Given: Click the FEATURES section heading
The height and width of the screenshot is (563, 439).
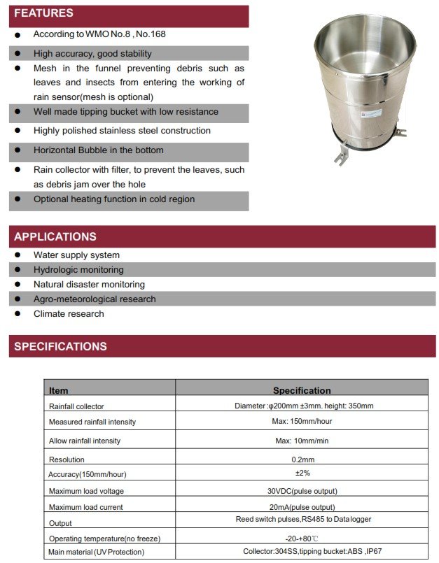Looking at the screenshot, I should click(43, 13).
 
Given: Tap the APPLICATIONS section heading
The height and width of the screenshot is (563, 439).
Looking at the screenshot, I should click(55, 236).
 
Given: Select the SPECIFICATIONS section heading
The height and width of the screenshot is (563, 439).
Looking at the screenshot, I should click(60, 346).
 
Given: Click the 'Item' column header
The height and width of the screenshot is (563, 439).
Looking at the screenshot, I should click(59, 390).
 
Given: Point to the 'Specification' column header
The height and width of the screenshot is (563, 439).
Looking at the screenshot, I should click(302, 390).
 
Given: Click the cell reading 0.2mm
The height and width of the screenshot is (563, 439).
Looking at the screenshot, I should click(302, 459).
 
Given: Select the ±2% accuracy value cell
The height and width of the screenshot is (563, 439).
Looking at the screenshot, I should click(302, 473).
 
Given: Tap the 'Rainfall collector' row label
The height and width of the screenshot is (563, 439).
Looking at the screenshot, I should click(76, 406).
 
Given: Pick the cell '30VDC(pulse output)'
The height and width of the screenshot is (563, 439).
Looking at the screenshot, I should click(302, 491).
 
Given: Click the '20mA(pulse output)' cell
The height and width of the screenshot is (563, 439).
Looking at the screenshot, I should click(302, 507).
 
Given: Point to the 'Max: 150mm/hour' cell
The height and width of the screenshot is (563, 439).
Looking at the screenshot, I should click(302, 422).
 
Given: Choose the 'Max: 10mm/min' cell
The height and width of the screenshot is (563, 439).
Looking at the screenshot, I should click(302, 441).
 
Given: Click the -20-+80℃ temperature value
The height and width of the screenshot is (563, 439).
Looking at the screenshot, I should click(302, 538).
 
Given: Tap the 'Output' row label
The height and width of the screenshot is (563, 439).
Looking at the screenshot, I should click(60, 523).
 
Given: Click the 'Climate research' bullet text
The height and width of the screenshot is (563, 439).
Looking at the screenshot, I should click(69, 314).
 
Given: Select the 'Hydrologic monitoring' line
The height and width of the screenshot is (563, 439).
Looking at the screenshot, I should click(78, 270).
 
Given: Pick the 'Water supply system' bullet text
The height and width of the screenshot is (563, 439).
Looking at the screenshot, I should click(76, 255).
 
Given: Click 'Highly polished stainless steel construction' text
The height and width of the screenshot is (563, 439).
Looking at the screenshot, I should click(122, 131).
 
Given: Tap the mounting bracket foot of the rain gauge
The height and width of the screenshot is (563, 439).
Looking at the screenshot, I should click(341, 157).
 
